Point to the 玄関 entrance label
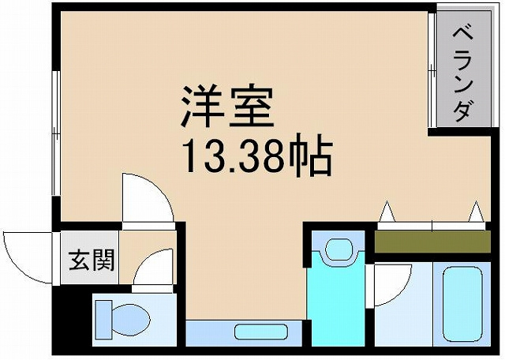(90, 260)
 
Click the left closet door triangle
(387, 212)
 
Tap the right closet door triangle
(475, 212)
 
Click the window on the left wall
(55, 134)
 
